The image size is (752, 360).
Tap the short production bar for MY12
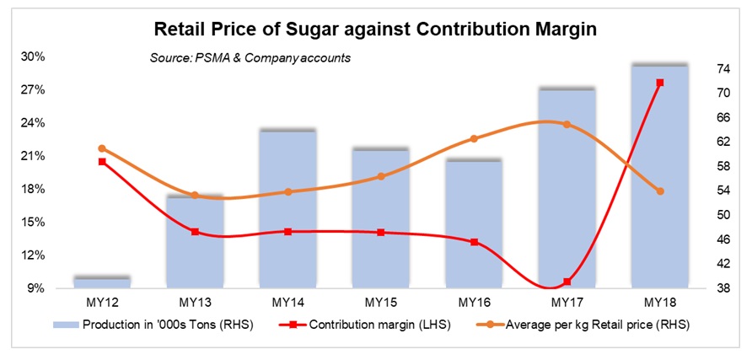(x=102, y=282)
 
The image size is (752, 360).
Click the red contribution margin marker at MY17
(x=567, y=282)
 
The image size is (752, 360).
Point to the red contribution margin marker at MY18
(x=660, y=83)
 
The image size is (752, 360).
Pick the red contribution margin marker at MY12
(x=102, y=161)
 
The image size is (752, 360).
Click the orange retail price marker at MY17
(x=567, y=124)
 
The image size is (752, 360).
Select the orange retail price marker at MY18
(x=660, y=191)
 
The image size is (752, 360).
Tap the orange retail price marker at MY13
(x=195, y=196)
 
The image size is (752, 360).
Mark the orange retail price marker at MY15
(x=381, y=176)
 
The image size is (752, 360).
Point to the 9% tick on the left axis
(x=36, y=288)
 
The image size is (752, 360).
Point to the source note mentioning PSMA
(x=250, y=58)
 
